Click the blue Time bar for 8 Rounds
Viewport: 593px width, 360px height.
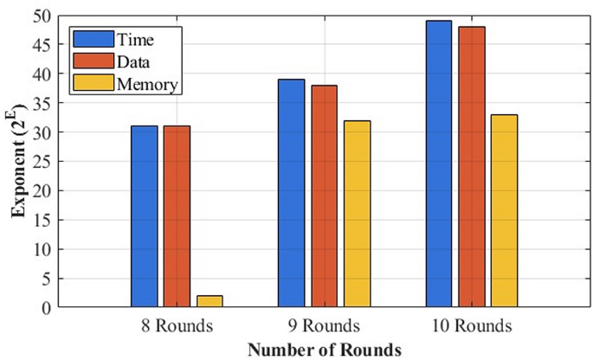[145, 216]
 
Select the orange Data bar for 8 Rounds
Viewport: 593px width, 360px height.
[177, 216]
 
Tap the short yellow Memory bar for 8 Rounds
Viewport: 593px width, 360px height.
[209, 301]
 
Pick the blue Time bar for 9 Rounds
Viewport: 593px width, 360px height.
[292, 193]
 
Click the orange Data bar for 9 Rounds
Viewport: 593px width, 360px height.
[324, 196]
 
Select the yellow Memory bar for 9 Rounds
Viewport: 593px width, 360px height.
[356, 214]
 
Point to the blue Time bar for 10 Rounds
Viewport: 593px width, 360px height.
[439, 164]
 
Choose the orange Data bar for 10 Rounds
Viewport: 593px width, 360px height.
[471, 166]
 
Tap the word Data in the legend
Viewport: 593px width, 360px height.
[131, 61]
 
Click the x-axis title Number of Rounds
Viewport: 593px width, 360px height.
[324, 349]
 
